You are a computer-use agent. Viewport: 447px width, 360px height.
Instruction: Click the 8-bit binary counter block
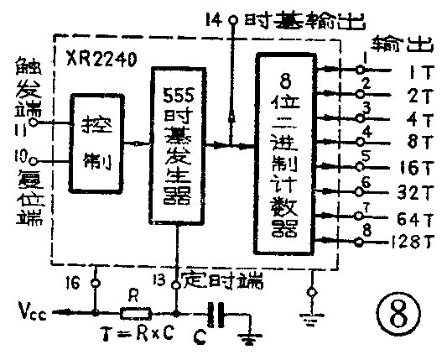pyautogui.click(x=289, y=150)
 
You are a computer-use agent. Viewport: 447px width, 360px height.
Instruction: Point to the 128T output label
pyautogui.click(x=412, y=244)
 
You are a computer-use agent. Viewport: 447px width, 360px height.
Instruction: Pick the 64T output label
pyautogui.click(x=414, y=221)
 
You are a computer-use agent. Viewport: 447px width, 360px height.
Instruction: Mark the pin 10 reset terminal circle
pyautogui.click(x=34, y=157)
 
